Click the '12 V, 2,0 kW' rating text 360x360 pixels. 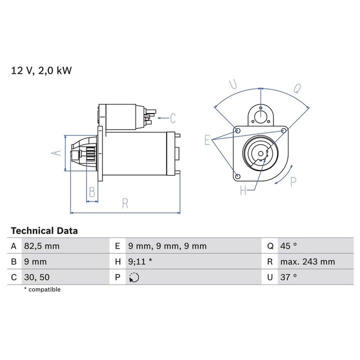(x=41, y=70)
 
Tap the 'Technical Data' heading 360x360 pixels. (x=44, y=230)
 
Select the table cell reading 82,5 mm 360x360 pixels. (x=42, y=246)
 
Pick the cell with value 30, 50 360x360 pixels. (x=36, y=277)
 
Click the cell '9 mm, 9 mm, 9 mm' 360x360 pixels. (x=167, y=246)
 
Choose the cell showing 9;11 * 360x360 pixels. (x=140, y=261)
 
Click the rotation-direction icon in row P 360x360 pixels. (x=134, y=277)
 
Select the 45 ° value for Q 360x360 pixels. (x=288, y=246)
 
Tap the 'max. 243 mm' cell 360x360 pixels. (x=307, y=261)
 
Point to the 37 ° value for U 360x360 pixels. (x=288, y=277)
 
